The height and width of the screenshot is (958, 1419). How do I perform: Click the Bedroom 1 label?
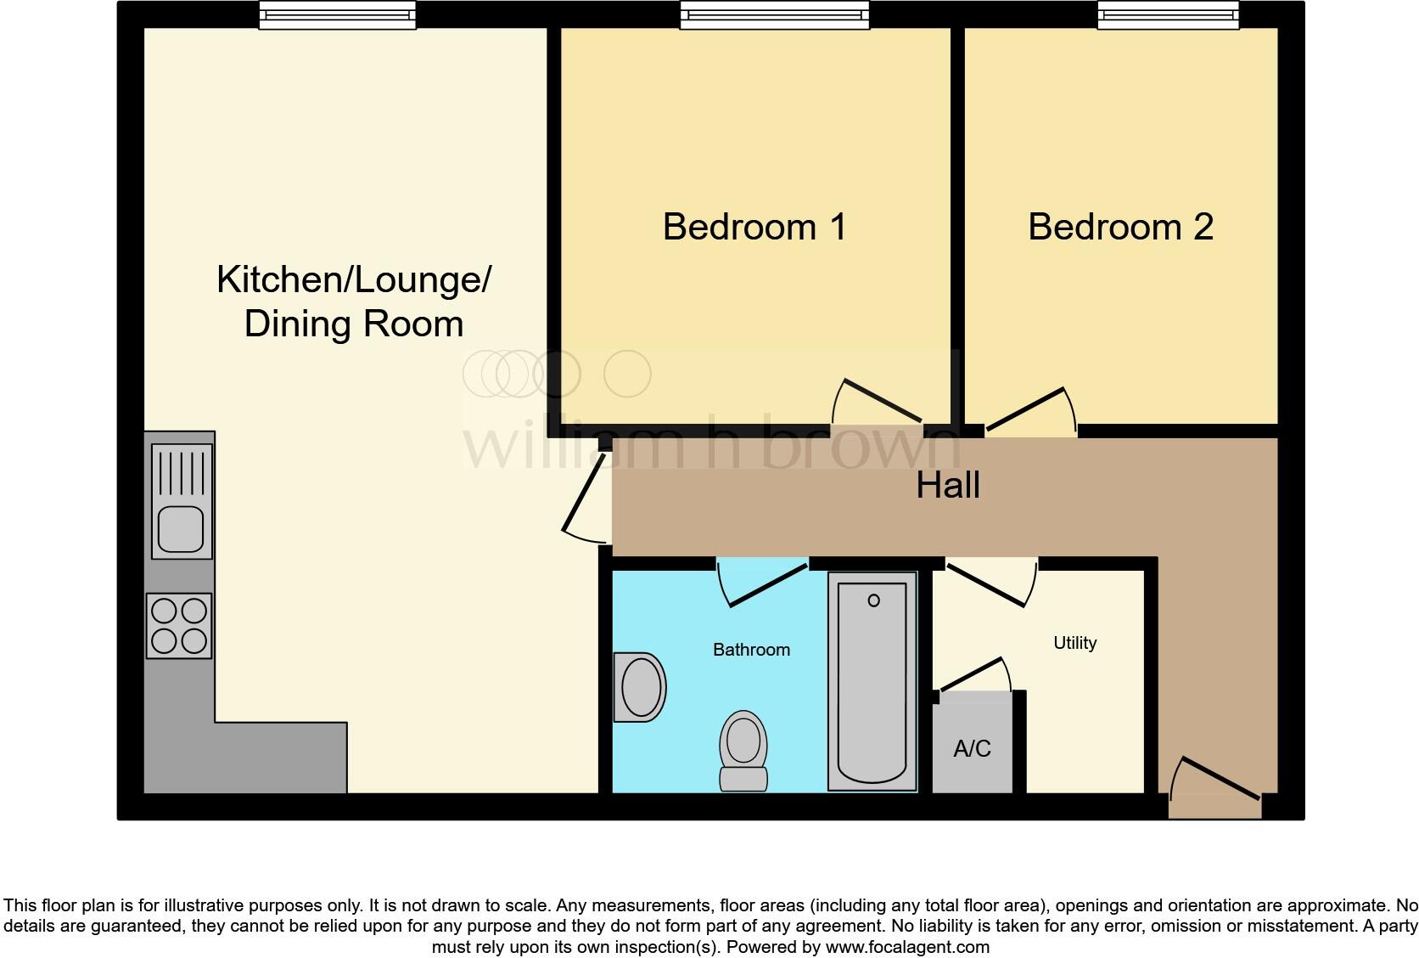(x=754, y=227)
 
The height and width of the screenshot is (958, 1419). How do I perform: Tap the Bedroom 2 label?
(x=1120, y=227)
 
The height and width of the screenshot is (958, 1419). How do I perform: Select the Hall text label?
(x=948, y=486)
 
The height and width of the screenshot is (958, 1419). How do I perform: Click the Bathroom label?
(x=751, y=650)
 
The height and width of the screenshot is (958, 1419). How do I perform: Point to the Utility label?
(x=1074, y=643)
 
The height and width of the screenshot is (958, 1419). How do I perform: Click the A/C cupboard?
(x=973, y=748)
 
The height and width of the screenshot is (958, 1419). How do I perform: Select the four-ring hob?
(x=179, y=626)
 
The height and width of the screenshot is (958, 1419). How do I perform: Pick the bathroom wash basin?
(x=641, y=687)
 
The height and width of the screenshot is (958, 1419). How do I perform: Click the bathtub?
(x=872, y=679)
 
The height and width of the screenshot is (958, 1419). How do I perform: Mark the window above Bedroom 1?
(x=775, y=14)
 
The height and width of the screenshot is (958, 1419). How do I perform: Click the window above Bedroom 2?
(x=1168, y=14)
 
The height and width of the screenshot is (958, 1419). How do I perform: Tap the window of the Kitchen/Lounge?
(x=337, y=14)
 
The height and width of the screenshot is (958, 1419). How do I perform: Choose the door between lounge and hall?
(x=586, y=497)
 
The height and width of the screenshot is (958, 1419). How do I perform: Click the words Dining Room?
(x=354, y=324)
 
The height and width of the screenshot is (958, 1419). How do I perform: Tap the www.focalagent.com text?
(x=907, y=947)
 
